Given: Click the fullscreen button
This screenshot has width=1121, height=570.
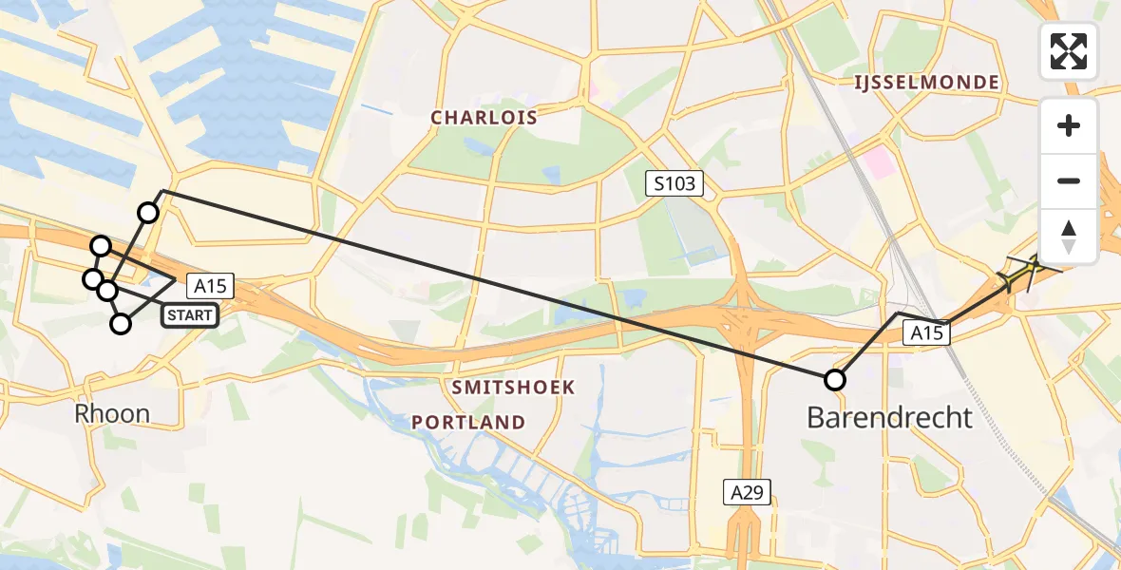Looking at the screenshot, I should (1069, 51).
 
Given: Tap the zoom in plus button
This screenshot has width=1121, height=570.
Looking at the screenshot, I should (1069, 125).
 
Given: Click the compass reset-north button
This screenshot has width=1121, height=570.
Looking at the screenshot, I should (1069, 237).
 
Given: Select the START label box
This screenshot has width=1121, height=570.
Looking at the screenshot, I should (190, 315).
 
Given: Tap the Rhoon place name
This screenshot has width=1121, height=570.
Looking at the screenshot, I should (113, 414).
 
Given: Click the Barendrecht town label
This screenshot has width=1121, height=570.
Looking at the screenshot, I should (890, 416).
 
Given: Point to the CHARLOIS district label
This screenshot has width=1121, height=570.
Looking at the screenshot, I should (484, 118).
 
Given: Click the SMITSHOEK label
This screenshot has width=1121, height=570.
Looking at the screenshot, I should (513, 388).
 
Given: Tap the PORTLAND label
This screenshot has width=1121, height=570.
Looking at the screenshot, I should (468, 422).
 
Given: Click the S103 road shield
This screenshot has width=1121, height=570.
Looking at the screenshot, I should (675, 183).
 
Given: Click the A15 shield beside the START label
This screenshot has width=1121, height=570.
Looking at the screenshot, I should (210, 285).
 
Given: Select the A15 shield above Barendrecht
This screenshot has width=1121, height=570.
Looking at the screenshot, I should (927, 332).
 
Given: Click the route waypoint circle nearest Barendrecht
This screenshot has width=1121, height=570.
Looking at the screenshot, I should (834, 380).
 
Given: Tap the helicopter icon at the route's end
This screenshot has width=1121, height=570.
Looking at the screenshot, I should (1025, 273).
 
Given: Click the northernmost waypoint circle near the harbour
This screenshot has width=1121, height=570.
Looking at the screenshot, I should (148, 213).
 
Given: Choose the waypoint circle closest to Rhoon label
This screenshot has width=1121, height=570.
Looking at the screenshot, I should (121, 324).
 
